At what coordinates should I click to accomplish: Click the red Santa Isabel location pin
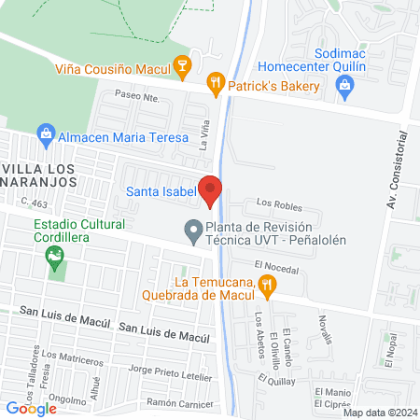click(x=210, y=189)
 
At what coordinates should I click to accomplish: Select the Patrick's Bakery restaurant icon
click(x=217, y=84)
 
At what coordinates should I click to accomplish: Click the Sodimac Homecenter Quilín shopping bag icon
click(x=345, y=87)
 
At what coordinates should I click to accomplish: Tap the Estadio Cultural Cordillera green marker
click(x=56, y=253)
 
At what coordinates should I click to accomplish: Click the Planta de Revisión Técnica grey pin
click(x=193, y=228)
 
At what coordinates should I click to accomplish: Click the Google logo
click(x=31, y=408)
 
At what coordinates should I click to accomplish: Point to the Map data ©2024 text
click(x=380, y=413)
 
